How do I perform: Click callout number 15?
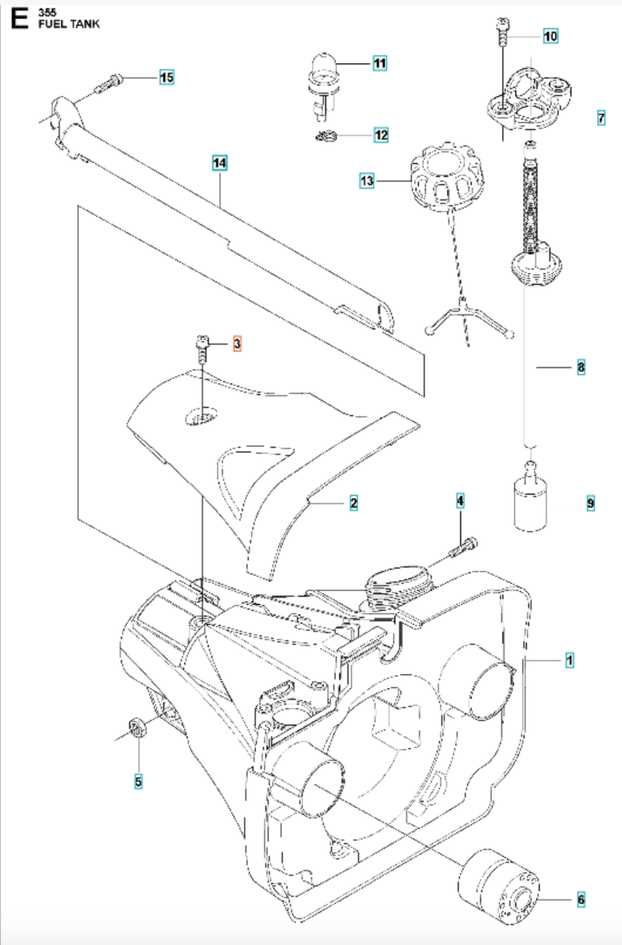[167, 77]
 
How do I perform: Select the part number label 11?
[380, 63]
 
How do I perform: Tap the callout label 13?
[367, 181]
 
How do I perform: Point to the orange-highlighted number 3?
[237, 344]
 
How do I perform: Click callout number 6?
[581, 899]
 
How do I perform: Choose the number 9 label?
[590, 503]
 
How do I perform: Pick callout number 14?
[219, 163]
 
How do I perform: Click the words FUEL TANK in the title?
[69, 24]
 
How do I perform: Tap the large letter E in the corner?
[19, 18]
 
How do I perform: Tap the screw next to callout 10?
[502, 32]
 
